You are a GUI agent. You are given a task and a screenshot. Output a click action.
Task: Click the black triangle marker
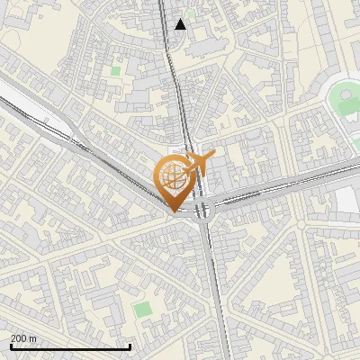pos(181,24)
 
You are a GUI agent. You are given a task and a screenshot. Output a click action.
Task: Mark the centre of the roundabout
pos(202,211)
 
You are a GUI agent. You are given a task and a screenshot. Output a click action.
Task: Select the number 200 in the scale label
pos(19,338)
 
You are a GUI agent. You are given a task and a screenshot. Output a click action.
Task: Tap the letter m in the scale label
pos(32,338)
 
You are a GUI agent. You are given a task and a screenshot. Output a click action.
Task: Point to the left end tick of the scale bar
pos(11,346)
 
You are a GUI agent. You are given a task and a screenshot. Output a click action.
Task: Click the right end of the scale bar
pos(130,346)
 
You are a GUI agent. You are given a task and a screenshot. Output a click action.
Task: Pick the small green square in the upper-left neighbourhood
pos(115,69)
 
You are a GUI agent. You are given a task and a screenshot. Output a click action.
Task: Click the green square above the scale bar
pos(142,309)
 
